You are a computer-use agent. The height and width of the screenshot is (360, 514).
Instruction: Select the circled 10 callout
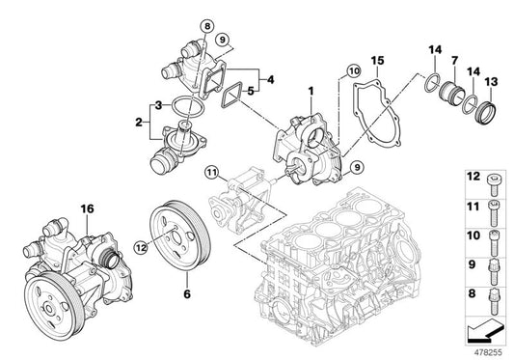353,70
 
